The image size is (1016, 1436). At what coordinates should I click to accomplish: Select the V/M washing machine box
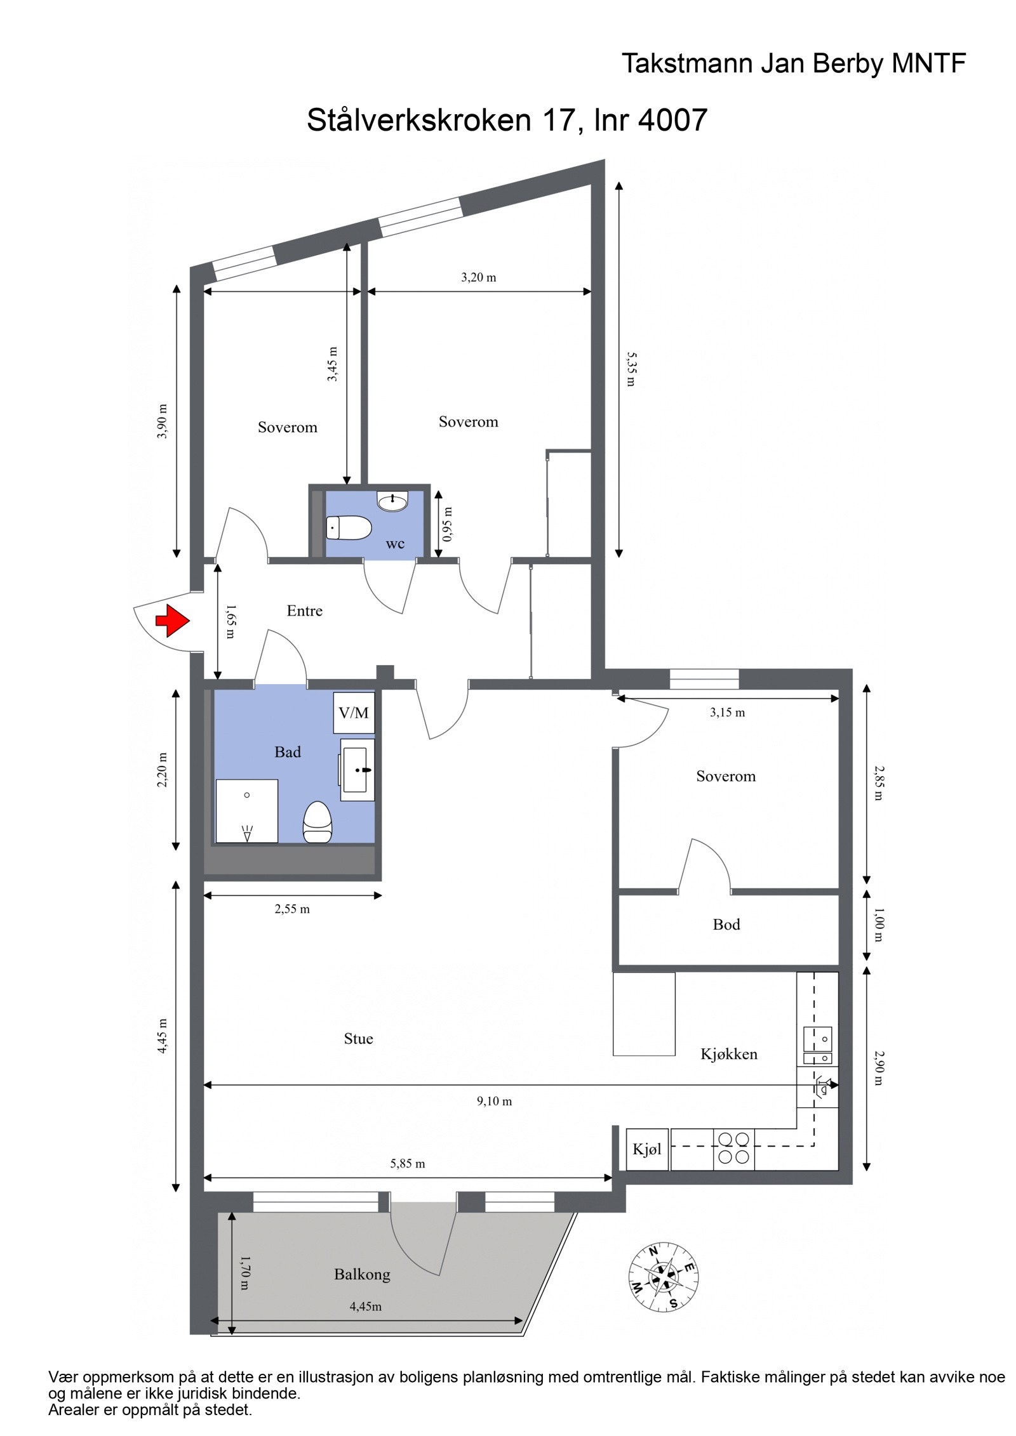point(354,713)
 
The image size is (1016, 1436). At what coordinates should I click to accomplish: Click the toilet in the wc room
point(348,527)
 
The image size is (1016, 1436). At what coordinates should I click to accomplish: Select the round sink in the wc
point(392,501)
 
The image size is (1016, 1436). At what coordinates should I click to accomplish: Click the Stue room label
point(358,1039)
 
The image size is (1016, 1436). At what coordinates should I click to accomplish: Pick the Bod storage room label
point(726,924)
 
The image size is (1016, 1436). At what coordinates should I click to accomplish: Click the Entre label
point(304,610)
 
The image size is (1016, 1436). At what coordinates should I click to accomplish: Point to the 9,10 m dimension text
point(494,1101)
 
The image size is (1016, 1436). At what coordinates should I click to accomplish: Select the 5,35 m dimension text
point(631,369)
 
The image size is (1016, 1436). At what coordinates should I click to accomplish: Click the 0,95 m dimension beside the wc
point(448,524)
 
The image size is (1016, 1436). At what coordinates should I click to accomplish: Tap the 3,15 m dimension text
point(727,713)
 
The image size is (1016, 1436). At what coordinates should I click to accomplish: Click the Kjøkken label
point(728,1054)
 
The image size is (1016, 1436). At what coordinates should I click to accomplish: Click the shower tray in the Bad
point(247,810)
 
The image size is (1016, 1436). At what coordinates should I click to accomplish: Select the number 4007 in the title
point(672,119)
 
